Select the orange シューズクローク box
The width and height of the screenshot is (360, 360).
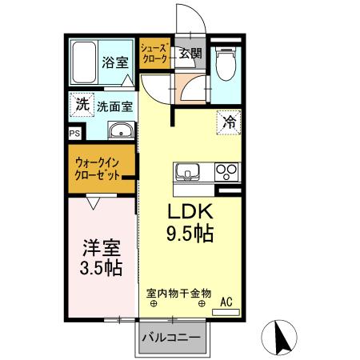click(x=155, y=54)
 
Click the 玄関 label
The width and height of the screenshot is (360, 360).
click(x=190, y=54)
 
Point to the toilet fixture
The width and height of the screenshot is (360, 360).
click(x=226, y=63)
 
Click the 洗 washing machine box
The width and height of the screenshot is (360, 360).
click(x=82, y=104)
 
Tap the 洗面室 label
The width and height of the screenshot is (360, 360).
click(x=114, y=105)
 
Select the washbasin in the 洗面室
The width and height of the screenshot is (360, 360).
click(x=121, y=131)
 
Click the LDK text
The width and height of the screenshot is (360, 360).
click(x=189, y=213)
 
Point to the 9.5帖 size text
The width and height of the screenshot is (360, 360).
click(x=189, y=235)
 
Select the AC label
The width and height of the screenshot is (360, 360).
click(x=226, y=302)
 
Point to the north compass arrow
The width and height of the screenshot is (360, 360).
click(x=282, y=337)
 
